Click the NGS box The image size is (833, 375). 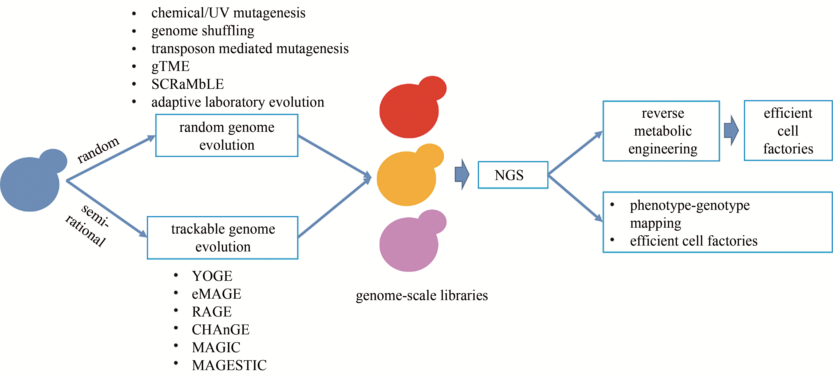(x=513, y=175)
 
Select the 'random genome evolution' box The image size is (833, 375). (x=227, y=136)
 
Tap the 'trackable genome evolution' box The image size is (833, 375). (x=223, y=238)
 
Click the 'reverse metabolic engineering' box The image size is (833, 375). (x=661, y=131)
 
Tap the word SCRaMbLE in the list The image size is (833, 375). (x=188, y=84)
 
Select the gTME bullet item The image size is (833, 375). (x=170, y=66)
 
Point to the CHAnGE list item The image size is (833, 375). (x=221, y=330)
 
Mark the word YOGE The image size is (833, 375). (x=212, y=276)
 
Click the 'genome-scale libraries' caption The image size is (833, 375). (x=422, y=296)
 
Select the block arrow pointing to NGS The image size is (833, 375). (x=462, y=174)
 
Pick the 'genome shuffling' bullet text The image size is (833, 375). (x=203, y=31)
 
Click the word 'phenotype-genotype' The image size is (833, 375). (x=689, y=205)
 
